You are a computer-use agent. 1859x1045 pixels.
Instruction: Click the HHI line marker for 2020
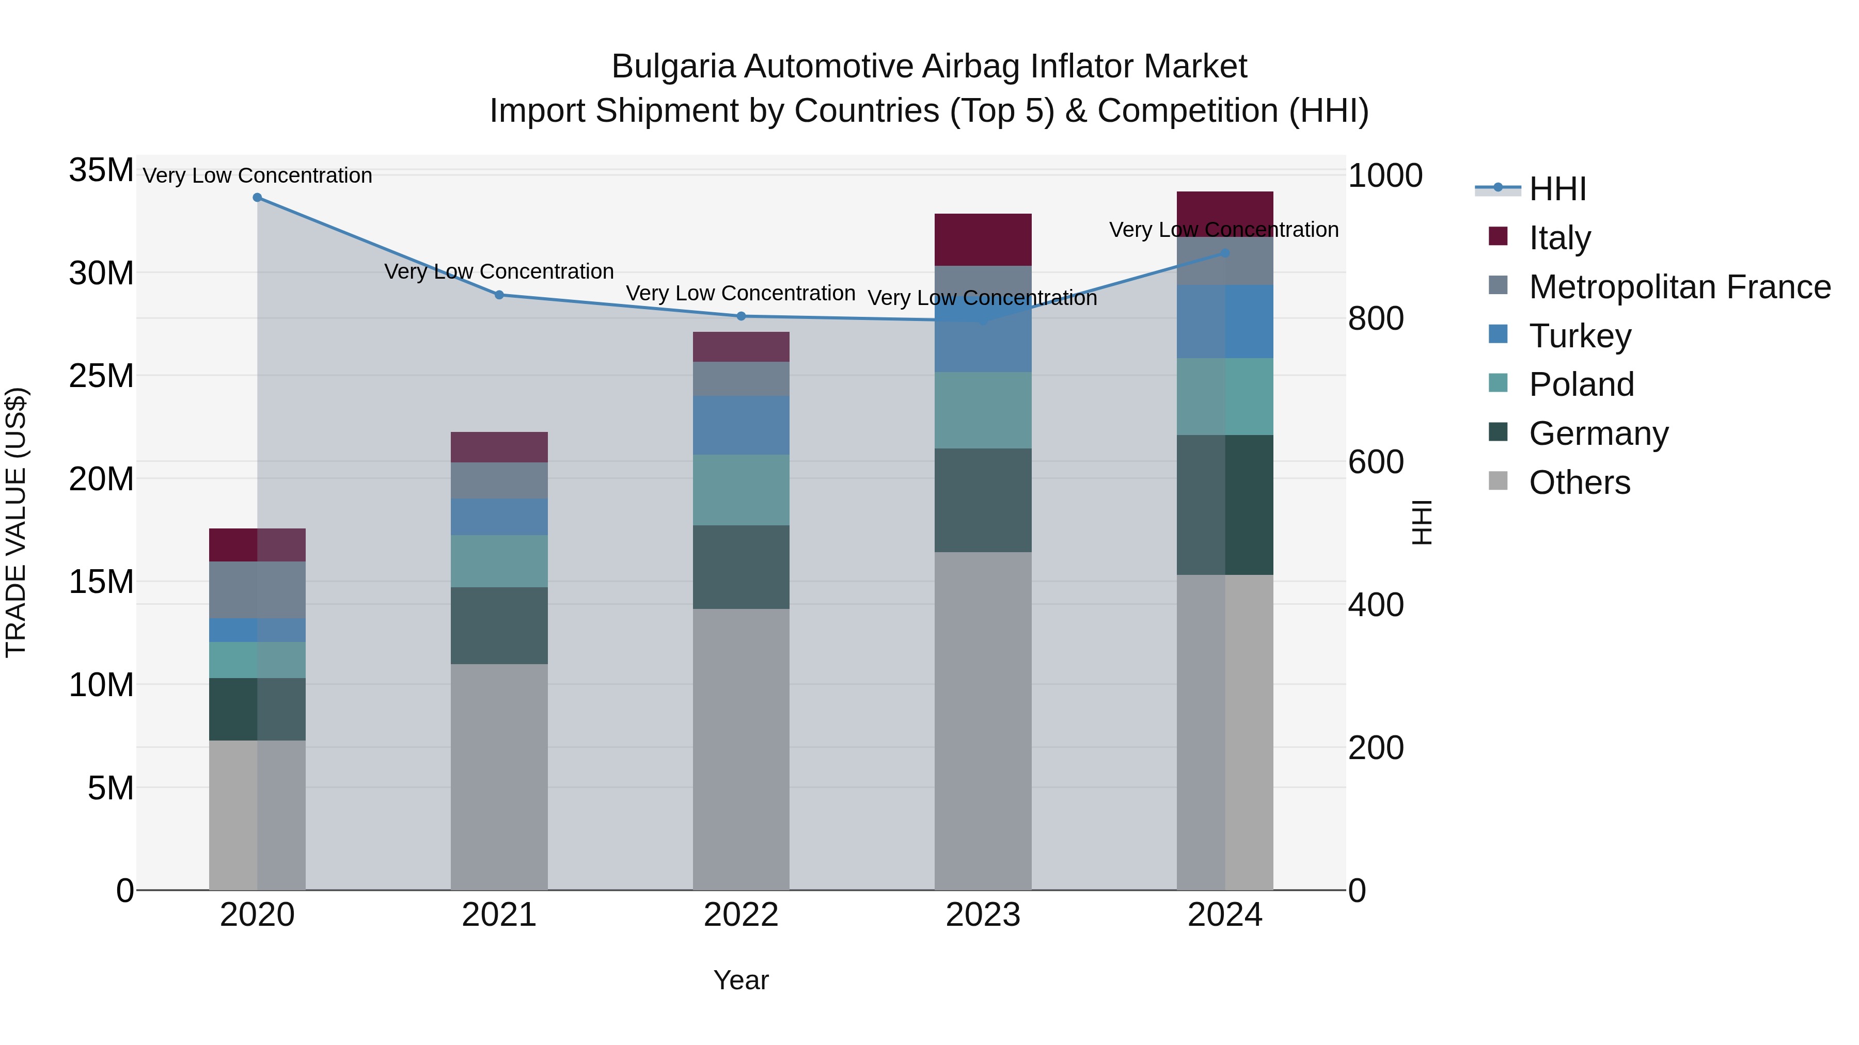click(x=257, y=198)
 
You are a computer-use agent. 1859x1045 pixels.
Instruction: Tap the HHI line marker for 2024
click(x=1225, y=253)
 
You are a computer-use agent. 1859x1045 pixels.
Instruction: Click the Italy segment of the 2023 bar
click(x=982, y=239)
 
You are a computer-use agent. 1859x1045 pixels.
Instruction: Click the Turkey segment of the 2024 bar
click(x=1225, y=321)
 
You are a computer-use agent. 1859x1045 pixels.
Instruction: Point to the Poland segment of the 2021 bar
click(x=499, y=561)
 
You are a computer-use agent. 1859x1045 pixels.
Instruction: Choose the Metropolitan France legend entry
click(x=1679, y=287)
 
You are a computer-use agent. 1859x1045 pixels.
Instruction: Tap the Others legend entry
click(x=1579, y=483)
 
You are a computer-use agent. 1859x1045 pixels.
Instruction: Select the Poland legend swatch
click(x=1498, y=383)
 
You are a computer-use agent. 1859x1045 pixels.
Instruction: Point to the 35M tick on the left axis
click(x=101, y=171)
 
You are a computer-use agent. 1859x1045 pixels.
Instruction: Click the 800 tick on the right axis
click(x=1376, y=319)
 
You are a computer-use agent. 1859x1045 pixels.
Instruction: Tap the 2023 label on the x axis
click(x=982, y=915)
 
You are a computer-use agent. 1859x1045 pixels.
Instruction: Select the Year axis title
click(x=741, y=980)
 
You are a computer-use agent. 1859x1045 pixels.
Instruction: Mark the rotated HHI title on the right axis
click(x=1421, y=522)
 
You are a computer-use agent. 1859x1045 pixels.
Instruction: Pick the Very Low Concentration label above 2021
click(x=499, y=272)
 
